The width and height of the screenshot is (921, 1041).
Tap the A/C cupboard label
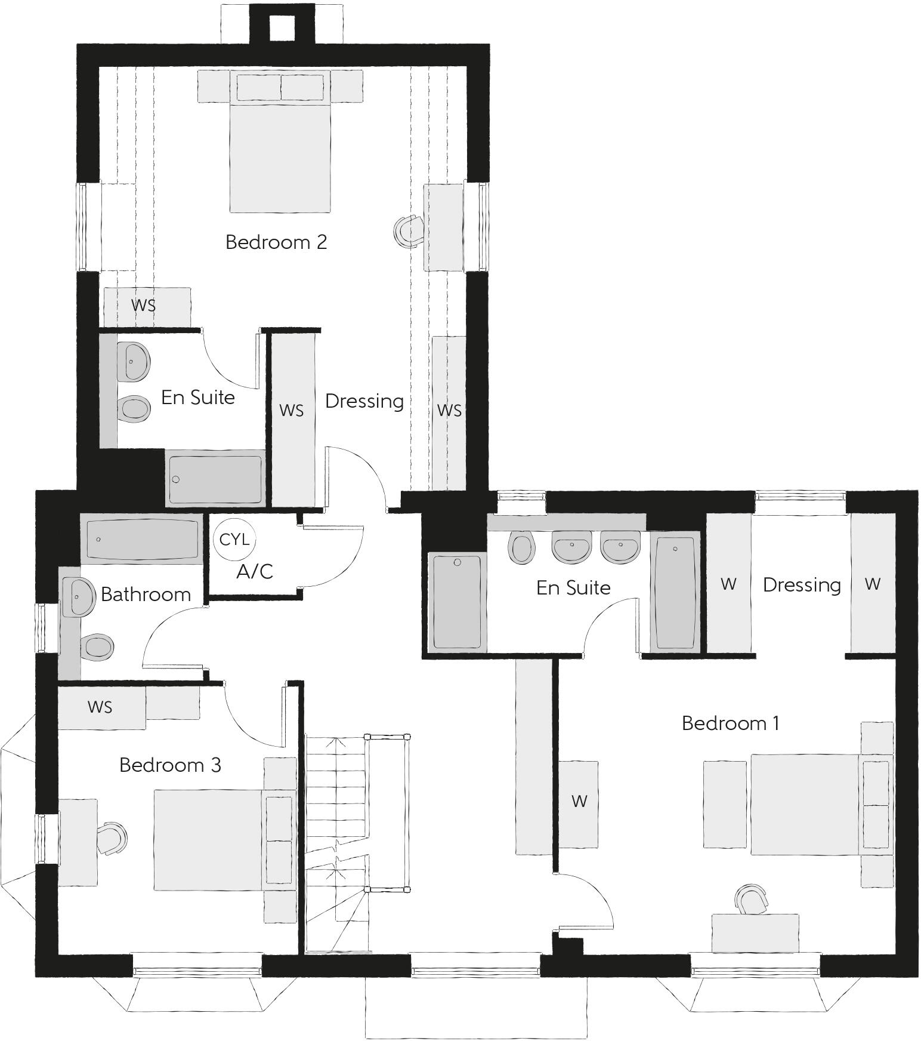click(255, 572)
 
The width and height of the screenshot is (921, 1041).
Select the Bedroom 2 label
click(276, 242)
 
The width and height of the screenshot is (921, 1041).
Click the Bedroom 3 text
click(170, 765)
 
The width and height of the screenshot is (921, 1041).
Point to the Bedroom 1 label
click(730, 723)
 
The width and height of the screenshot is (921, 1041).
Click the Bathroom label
click(146, 595)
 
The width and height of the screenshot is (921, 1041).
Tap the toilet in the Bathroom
click(97, 646)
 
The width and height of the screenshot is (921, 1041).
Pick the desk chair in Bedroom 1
click(752, 900)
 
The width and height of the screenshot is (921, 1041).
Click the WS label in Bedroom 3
click(100, 707)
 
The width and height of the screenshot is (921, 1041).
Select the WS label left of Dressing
click(291, 411)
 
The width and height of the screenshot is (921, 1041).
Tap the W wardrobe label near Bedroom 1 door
click(579, 802)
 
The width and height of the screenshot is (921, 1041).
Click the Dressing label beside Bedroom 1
click(802, 585)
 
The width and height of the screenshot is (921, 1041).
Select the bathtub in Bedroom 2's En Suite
click(215, 480)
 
